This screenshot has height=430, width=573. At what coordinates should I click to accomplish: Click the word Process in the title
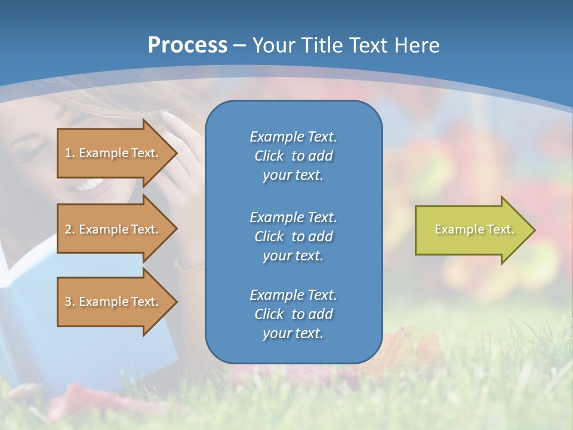(x=187, y=45)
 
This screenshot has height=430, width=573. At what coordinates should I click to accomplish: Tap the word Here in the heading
(x=416, y=45)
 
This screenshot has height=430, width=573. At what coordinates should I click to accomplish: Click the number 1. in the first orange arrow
(x=69, y=153)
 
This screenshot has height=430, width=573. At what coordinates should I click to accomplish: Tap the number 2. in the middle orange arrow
(x=69, y=229)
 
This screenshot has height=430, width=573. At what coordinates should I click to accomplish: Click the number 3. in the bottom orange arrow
(x=69, y=302)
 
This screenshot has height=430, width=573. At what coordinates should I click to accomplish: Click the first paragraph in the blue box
(x=293, y=156)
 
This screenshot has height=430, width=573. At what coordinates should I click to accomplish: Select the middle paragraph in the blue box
(x=293, y=236)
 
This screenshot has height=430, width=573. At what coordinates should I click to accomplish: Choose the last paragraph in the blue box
(x=293, y=314)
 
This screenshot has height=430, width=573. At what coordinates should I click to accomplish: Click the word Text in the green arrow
(x=501, y=229)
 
